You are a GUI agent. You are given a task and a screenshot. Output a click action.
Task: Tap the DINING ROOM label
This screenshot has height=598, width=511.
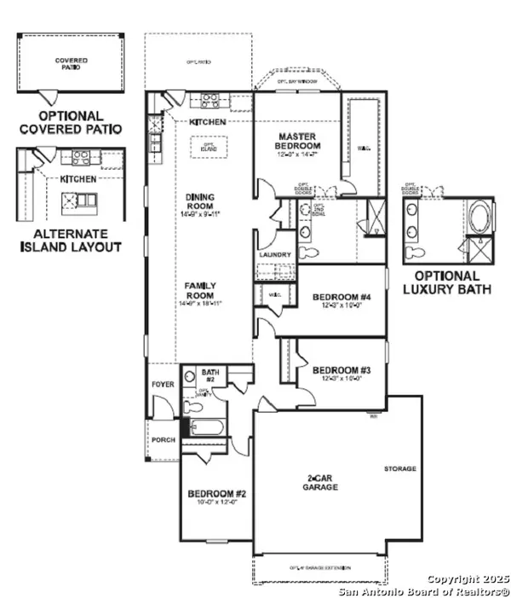(201, 201)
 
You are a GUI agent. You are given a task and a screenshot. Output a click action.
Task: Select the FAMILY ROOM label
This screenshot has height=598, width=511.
(201, 290)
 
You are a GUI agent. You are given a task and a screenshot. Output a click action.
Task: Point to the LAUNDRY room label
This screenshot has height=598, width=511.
(274, 255)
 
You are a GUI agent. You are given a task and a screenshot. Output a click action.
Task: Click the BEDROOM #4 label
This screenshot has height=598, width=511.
(342, 298)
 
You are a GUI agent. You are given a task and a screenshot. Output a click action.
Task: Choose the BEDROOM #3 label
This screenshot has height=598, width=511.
(342, 370)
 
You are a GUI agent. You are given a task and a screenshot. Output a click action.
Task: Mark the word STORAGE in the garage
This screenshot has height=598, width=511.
(399, 468)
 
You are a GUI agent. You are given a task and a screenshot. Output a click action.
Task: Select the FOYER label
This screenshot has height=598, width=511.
(163, 385)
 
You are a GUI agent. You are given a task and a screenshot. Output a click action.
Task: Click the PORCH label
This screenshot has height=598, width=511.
(163, 439)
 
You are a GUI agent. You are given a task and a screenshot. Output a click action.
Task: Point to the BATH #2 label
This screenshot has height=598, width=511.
(210, 376)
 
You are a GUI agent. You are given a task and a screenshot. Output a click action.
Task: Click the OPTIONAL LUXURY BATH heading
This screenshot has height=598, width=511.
(452, 282)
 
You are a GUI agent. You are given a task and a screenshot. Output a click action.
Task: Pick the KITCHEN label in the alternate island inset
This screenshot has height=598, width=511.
(76, 179)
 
